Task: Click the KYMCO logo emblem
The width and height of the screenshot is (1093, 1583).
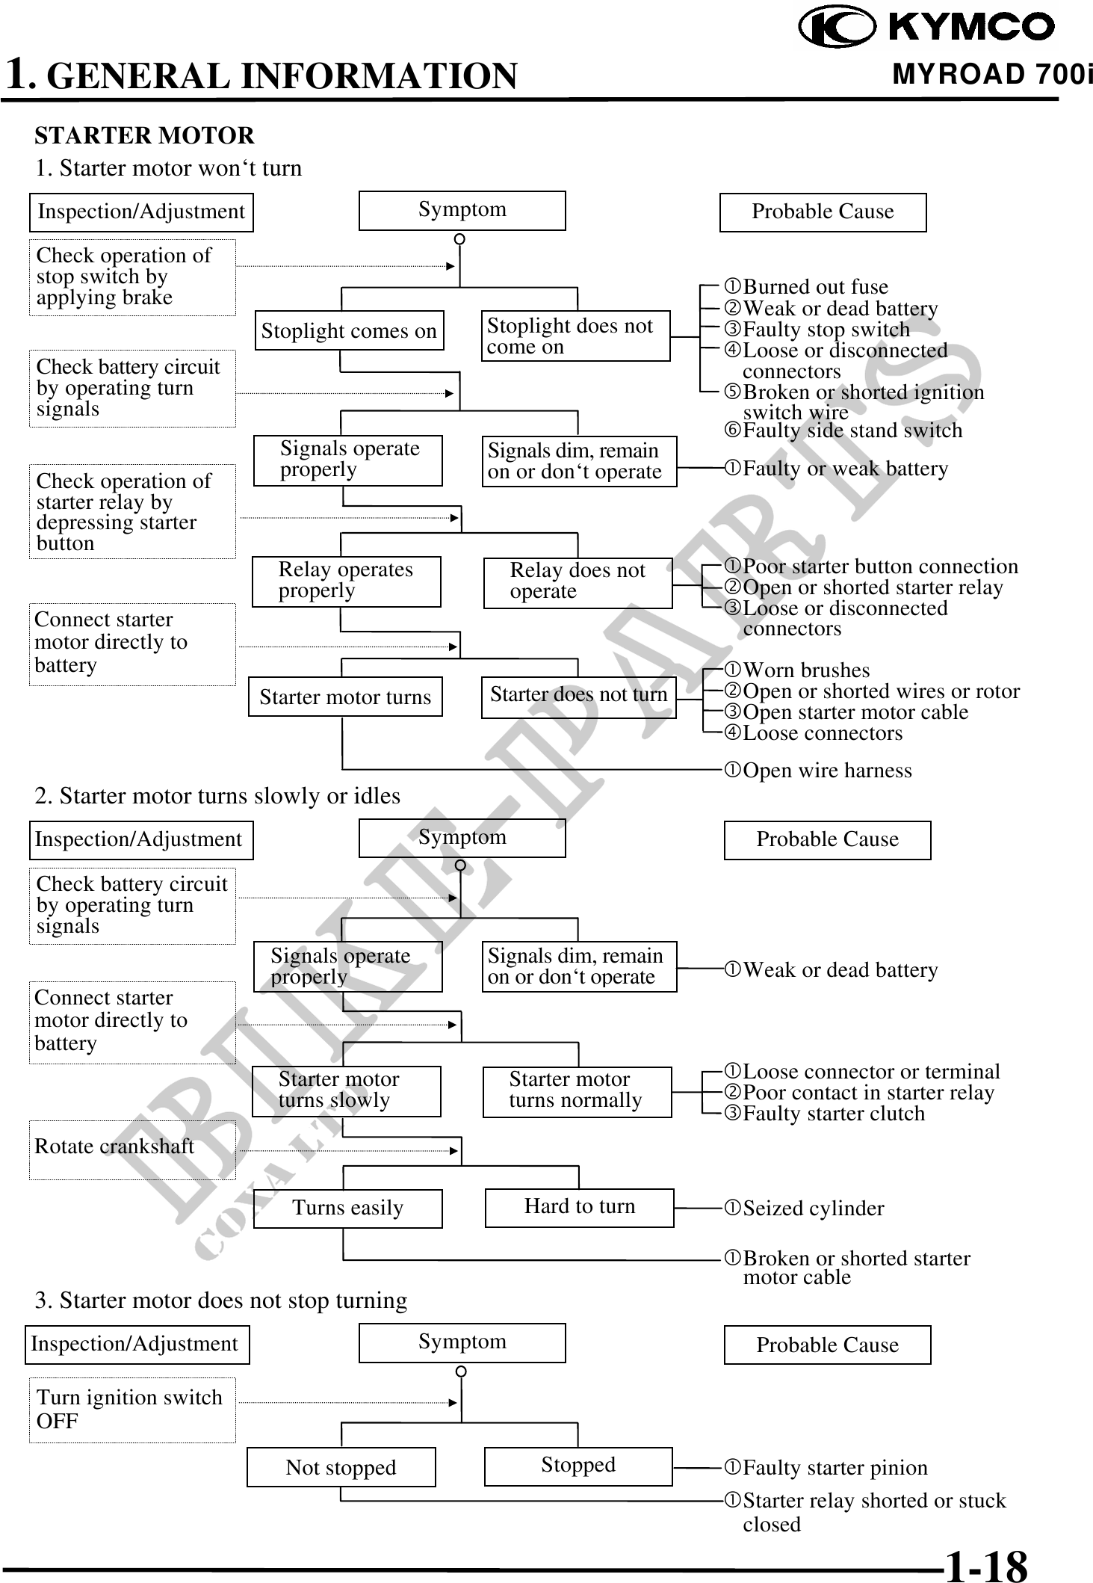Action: pyautogui.click(x=837, y=27)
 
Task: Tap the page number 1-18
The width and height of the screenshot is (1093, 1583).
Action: pyautogui.click(x=985, y=1564)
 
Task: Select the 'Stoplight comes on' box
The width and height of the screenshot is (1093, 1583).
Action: pyautogui.click(x=349, y=330)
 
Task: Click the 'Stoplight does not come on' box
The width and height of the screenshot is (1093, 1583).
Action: pyautogui.click(x=575, y=336)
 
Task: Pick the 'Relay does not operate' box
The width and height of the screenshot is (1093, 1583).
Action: pyautogui.click(x=578, y=581)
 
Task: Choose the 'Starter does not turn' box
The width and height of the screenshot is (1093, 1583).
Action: pyautogui.click(x=578, y=696)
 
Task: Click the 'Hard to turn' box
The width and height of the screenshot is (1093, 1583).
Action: pyautogui.click(x=579, y=1207)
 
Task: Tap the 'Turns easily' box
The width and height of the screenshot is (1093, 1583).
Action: pyautogui.click(x=347, y=1208)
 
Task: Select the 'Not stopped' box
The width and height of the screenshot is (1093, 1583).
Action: pyautogui.click(x=341, y=1466)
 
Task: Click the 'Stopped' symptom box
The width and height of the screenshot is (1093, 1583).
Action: pyautogui.click(x=578, y=1465)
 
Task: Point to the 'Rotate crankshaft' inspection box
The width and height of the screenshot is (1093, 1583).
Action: pyautogui.click(x=132, y=1149)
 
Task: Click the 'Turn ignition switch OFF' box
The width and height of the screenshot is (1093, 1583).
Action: pyautogui.click(x=132, y=1410)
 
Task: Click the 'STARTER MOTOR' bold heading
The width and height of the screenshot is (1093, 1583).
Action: pyautogui.click(x=144, y=136)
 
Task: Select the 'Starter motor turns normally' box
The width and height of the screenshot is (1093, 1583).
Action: pyautogui.click(x=577, y=1090)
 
